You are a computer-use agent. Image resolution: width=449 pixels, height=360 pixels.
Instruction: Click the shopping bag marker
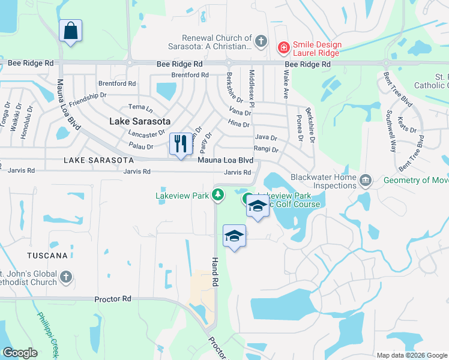click(x=71, y=31)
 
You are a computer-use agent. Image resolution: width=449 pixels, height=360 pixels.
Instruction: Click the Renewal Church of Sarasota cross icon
click(x=260, y=41)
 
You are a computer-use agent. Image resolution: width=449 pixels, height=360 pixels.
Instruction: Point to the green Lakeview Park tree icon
click(x=218, y=194)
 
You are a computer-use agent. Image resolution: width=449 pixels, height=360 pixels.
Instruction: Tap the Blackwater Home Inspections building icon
click(x=365, y=181)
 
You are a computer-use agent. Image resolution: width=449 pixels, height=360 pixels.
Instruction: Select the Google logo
click(x=20, y=353)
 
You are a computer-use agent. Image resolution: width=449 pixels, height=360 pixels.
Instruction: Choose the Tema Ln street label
click(x=141, y=107)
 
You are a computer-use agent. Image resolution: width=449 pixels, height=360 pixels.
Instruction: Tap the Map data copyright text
click(x=411, y=355)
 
